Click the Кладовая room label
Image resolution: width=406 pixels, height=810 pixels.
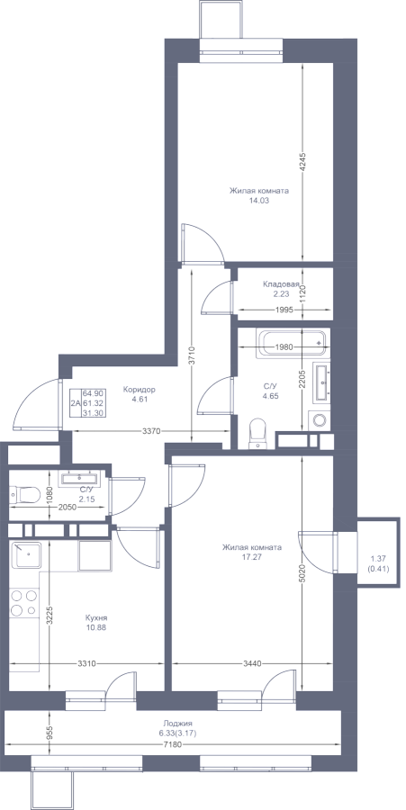click(x=282, y=284)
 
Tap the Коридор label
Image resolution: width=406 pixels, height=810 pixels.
click(x=140, y=390)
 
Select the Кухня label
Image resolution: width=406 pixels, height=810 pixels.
click(x=96, y=617)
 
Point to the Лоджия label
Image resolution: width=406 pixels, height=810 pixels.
click(x=177, y=724)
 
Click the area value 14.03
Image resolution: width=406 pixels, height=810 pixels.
click(x=258, y=201)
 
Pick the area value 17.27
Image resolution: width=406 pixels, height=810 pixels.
click(x=251, y=557)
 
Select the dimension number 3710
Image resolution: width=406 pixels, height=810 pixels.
click(x=192, y=355)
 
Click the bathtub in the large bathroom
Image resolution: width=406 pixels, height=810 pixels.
click(x=293, y=343)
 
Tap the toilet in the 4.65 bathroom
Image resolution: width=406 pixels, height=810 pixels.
click(x=257, y=433)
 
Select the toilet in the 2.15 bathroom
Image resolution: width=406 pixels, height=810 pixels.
click(x=25, y=495)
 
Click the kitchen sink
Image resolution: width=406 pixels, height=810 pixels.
click(x=27, y=554)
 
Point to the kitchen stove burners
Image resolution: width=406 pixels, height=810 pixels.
click(x=24, y=603)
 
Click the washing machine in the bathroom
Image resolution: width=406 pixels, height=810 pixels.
click(x=319, y=419)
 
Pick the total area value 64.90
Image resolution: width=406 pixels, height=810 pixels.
click(x=91, y=393)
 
